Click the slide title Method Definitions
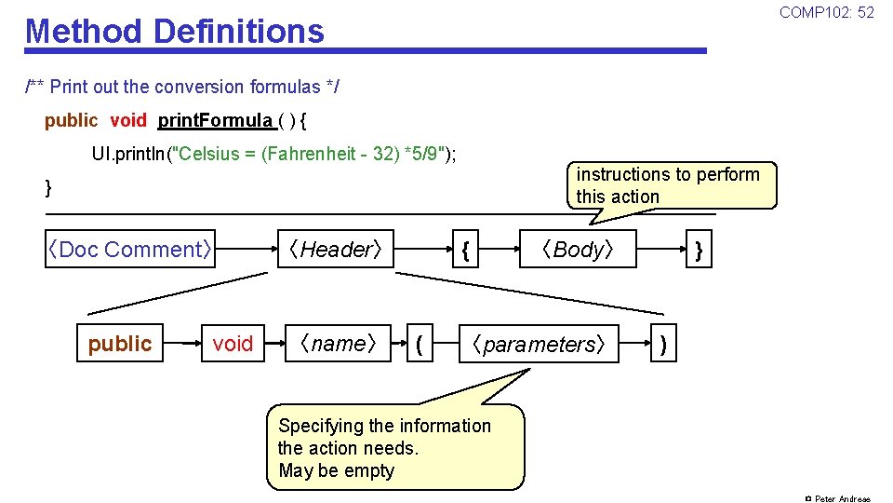click(x=175, y=31)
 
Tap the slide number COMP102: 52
click(x=826, y=12)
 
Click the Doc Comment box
click(x=131, y=249)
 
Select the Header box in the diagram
click(x=335, y=249)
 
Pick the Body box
click(x=579, y=249)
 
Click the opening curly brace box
click(x=465, y=249)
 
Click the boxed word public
click(x=119, y=344)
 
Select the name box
click(x=337, y=344)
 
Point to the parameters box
click(x=540, y=344)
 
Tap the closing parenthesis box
click(x=663, y=344)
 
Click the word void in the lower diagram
click(x=233, y=344)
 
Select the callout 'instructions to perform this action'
click(x=668, y=185)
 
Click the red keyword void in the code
click(x=128, y=120)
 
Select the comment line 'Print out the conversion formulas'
click(x=182, y=87)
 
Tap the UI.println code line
click(x=273, y=154)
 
